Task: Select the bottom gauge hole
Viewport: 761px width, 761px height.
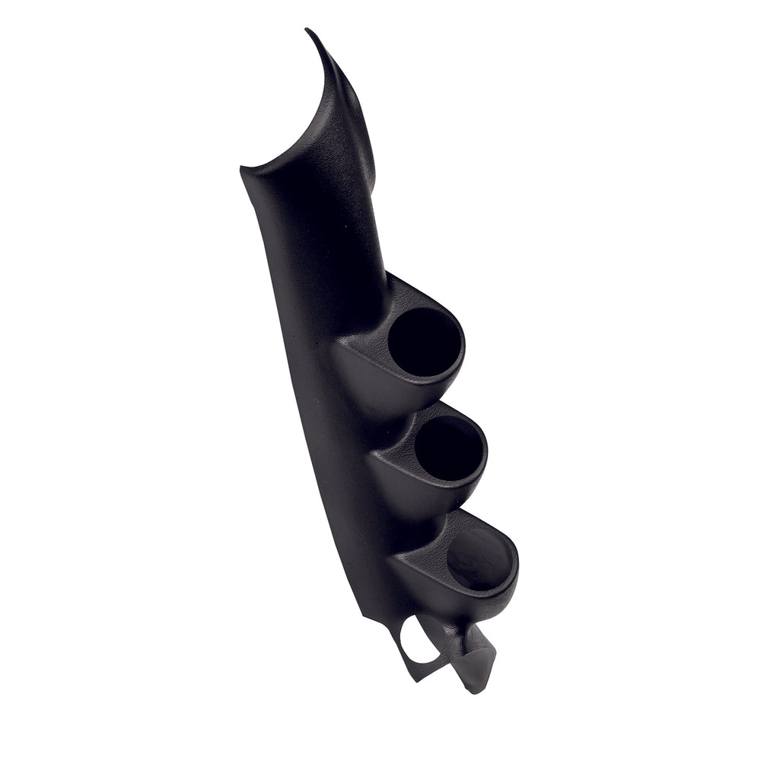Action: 477,559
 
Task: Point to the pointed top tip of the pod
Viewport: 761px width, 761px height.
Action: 308,31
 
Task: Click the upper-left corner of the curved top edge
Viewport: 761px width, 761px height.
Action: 242,167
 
